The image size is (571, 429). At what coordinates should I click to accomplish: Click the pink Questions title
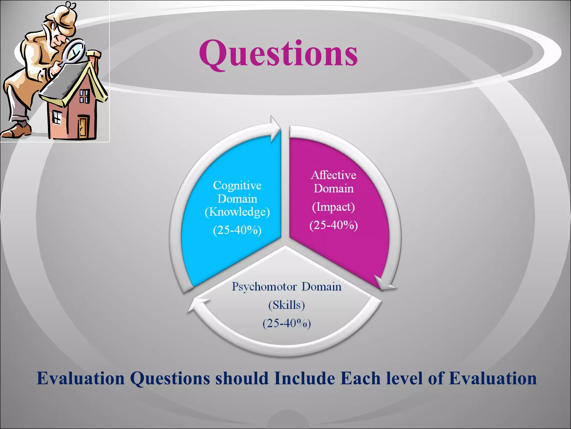coord(278,54)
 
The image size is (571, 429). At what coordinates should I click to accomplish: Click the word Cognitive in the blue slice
coord(237,185)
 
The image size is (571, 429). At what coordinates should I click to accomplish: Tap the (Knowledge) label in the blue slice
coord(237,212)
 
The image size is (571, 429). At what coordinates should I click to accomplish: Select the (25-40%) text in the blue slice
coord(237,230)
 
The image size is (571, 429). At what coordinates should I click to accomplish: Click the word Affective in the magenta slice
coord(333,175)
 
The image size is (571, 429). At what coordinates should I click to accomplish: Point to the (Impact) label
coord(333,207)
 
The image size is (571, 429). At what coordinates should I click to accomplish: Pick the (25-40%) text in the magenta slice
coord(333,225)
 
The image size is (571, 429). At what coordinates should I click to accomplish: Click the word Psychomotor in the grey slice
coord(264,287)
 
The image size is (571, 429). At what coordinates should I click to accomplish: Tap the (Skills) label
coord(287,305)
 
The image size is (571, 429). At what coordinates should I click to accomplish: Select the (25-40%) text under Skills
coord(287,323)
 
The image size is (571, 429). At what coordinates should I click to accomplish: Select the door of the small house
coord(83,127)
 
